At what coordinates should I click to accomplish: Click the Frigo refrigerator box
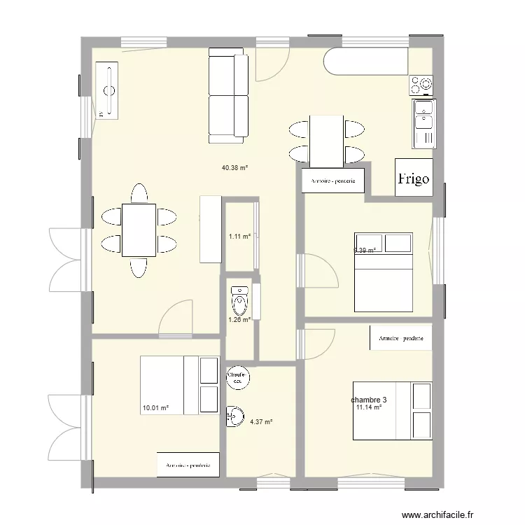[x=413, y=178]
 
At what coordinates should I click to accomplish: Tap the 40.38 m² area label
[x=235, y=168]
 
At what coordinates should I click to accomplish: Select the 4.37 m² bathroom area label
[x=260, y=421]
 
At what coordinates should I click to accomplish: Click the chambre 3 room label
[x=369, y=400]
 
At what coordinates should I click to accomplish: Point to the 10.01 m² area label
[x=155, y=407]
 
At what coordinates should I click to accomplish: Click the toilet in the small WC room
[x=239, y=301]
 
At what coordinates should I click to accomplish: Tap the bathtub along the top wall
[x=365, y=61]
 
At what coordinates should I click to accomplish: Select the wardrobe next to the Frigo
[x=332, y=181]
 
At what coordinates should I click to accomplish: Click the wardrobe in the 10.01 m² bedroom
[x=188, y=464]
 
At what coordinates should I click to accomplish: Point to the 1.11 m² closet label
[x=239, y=237]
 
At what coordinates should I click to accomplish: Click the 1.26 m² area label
[x=239, y=321]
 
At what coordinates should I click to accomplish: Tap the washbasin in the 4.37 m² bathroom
[x=233, y=416]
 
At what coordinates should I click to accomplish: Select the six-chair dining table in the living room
[x=139, y=230]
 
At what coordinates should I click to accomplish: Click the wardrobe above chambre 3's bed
[x=400, y=338]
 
